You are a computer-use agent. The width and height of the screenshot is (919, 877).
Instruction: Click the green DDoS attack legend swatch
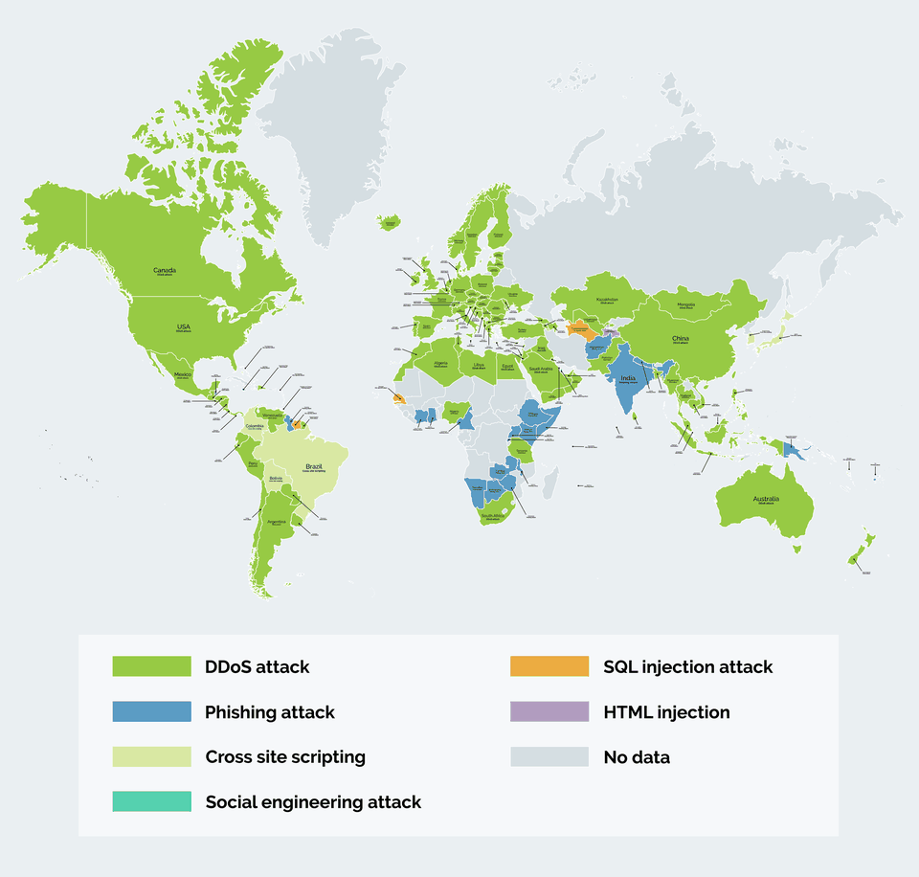(152, 666)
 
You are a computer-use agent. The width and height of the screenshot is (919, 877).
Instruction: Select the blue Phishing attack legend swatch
(152, 712)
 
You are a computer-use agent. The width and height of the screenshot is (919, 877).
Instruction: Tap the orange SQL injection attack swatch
(549, 666)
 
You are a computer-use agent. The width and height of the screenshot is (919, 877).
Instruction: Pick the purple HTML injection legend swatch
(549, 712)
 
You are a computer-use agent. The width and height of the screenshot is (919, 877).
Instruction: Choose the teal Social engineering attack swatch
(152, 801)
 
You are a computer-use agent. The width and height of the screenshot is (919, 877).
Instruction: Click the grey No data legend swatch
(549, 757)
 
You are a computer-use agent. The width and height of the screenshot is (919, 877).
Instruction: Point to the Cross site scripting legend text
(285, 757)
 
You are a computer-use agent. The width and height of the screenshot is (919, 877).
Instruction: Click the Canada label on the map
(164, 270)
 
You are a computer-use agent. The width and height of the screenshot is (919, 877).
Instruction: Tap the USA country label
(183, 326)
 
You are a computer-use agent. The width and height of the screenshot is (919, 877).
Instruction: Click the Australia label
(766, 499)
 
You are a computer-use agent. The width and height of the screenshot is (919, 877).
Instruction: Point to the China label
(680, 339)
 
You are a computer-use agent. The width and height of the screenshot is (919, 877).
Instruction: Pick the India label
(628, 378)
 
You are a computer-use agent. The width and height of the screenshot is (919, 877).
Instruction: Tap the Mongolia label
(685, 304)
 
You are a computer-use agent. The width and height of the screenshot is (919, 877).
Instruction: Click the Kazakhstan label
(607, 300)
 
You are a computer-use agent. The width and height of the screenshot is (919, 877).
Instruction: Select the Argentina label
(277, 522)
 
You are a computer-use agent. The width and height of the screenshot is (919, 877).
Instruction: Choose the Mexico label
(183, 374)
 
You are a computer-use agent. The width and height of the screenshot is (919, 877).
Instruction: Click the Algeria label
(440, 363)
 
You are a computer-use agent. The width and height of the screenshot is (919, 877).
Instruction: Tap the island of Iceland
(390, 224)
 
